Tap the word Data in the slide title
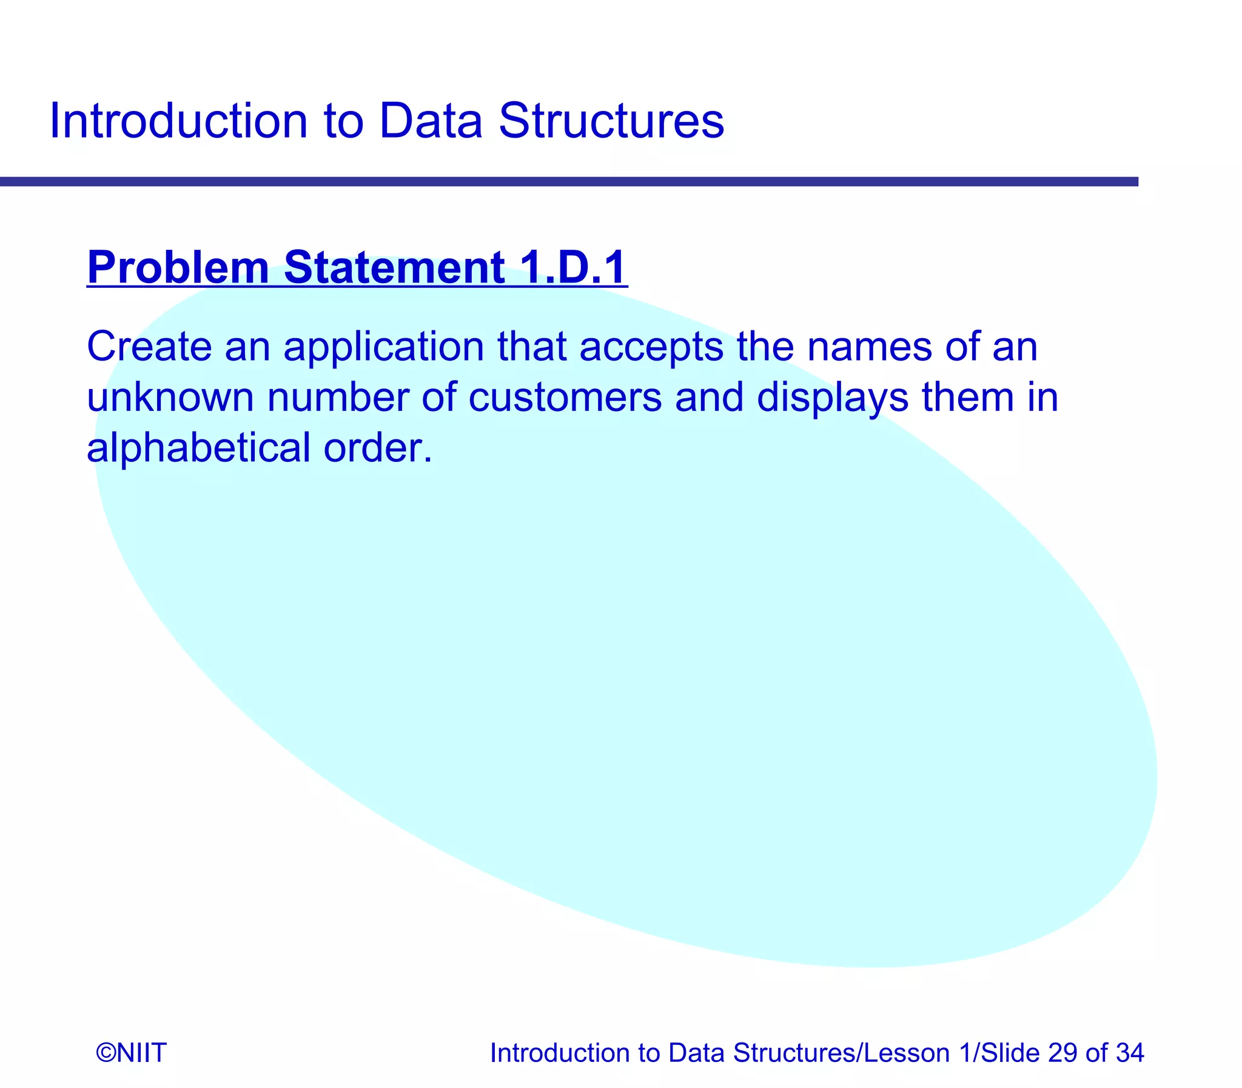click(430, 121)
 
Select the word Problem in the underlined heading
click(178, 267)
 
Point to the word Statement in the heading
click(394, 267)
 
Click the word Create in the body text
click(149, 347)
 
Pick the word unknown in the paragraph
click(170, 398)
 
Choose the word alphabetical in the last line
click(198, 448)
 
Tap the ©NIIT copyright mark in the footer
click(131, 1053)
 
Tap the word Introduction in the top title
click(178, 121)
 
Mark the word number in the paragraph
click(338, 398)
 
